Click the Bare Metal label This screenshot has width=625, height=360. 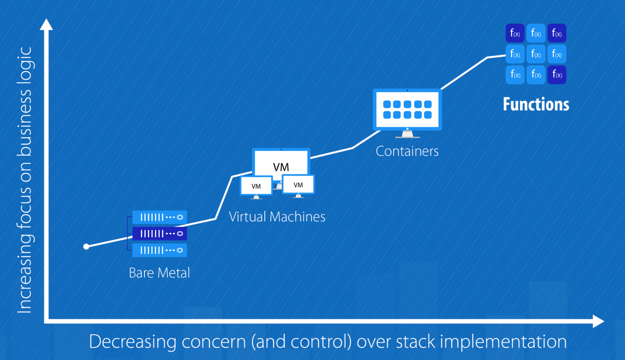pyautogui.click(x=159, y=273)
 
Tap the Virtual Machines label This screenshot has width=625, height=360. pyautogui.click(x=277, y=216)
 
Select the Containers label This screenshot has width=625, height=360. pyautogui.click(x=407, y=151)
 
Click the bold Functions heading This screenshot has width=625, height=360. pyautogui.click(x=536, y=104)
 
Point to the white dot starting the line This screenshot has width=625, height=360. pyautogui.click(x=86, y=247)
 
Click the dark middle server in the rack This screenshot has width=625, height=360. pyautogui.click(x=159, y=234)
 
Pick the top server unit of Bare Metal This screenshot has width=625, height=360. pyautogui.click(x=159, y=217)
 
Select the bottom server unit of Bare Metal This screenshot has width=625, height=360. pyautogui.click(x=159, y=250)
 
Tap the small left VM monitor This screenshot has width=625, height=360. pyautogui.click(x=256, y=186)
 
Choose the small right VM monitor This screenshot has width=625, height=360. pyautogui.click(x=298, y=185)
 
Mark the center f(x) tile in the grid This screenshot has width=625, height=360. pyautogui.click(x=536, y=54)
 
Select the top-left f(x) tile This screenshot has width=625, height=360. pyautogui.click(x=515, y=34)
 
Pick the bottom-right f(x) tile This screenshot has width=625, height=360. pyautogui.click(x=557, y=75)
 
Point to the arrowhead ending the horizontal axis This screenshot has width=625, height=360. pyautogui.click(x=598, y=322)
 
